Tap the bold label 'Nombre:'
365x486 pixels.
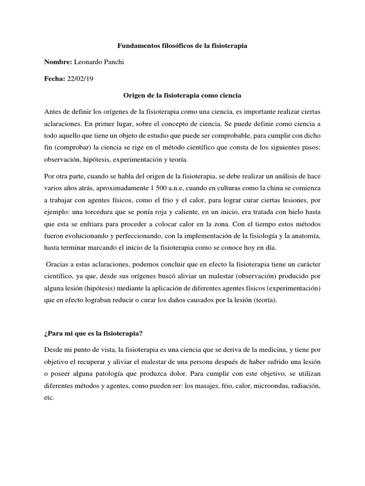click(57, 63)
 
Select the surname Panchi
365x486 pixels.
click(111, 63)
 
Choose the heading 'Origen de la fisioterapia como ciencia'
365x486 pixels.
click(182, 95)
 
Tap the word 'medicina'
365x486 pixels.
click(280, 336)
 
